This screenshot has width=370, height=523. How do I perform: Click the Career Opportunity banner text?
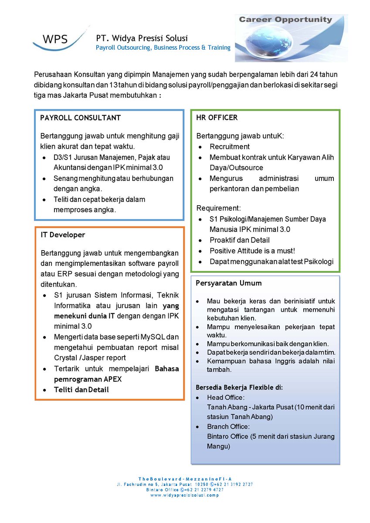point(292,20)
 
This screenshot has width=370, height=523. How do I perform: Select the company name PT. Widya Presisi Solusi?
point(142,38)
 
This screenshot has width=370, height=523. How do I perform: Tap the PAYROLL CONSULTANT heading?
point(81,118)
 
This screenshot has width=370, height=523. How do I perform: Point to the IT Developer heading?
point(63,234)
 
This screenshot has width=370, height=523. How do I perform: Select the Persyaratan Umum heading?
point(229,283)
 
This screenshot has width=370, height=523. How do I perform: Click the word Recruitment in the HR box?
point(230,146)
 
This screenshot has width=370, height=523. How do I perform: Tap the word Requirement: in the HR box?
point(218,208)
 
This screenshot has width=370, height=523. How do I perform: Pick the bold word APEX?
point(112,379)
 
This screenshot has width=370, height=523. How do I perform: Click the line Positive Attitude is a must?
point(252,251)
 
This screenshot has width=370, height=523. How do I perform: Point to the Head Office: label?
point(226,397)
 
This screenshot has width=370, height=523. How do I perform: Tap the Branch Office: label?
point(228,426)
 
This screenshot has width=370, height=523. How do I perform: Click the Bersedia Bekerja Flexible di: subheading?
point(239,387)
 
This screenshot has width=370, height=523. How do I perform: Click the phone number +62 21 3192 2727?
point(234,484)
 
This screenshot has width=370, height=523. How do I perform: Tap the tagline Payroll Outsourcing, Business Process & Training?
point(163,48)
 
